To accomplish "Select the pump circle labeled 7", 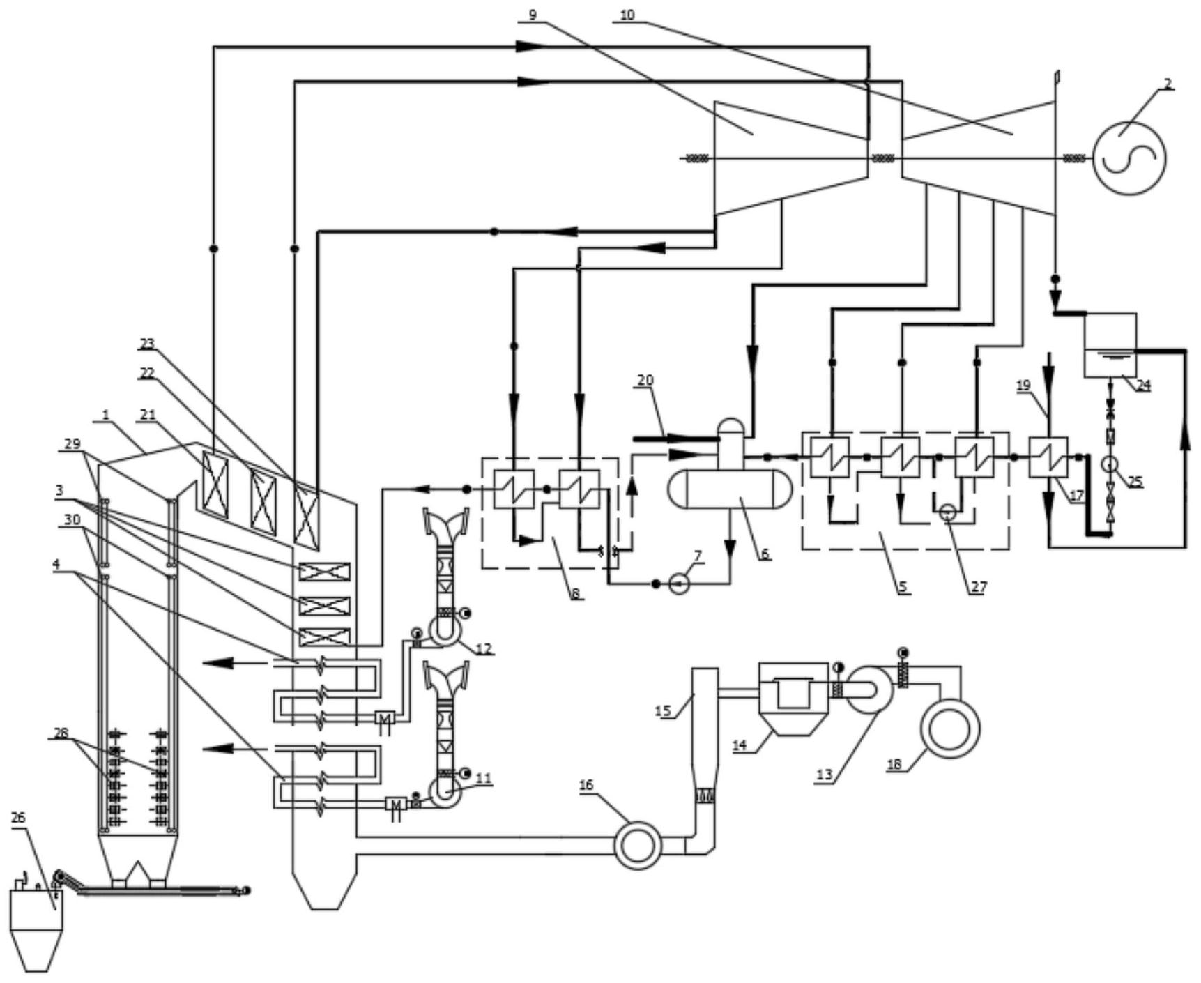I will pos(679,584).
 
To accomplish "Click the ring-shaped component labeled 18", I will pos(949,729).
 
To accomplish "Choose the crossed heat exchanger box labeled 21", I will pos(215,484).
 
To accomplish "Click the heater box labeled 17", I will pos(1048,457).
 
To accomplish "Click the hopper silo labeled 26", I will pos(32,920).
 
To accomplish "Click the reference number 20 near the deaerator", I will pos(645,381).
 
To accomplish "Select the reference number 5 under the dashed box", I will pos(903,586).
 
